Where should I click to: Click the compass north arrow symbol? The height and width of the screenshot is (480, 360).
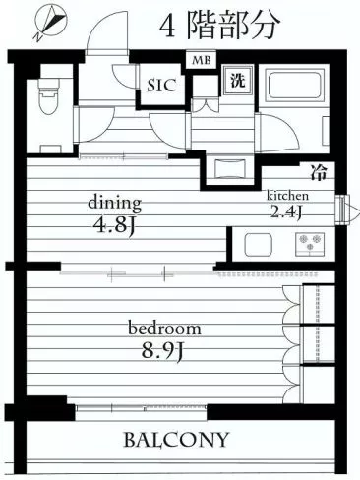click(51, 24)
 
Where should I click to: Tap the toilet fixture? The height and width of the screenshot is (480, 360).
click(49, 95)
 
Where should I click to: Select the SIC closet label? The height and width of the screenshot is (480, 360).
click(162, 86)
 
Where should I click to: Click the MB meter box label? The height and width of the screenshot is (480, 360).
click(202, 61)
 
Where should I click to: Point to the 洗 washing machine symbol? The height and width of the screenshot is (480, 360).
click(237, 81)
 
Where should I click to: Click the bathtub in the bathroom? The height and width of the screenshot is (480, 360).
click(294, 85)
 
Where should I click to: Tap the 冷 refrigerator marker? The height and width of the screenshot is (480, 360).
click(319, 173)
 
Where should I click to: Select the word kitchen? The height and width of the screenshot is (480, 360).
click(287, 196)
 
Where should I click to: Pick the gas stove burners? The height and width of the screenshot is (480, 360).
click(310, 244)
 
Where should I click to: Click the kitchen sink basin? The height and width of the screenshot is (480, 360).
click(258, 245)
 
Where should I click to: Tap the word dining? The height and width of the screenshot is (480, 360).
click(115, 204)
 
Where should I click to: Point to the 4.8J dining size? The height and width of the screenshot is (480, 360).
click(114, 225)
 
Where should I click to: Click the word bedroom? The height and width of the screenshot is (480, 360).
click(164, 329)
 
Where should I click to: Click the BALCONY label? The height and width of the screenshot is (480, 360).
click(176, 440)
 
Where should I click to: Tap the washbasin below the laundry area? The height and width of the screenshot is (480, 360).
click(229, 168)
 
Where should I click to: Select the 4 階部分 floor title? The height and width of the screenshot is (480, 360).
click(219, 26)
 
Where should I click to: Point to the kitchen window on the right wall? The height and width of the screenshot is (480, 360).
click(342, 210)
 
